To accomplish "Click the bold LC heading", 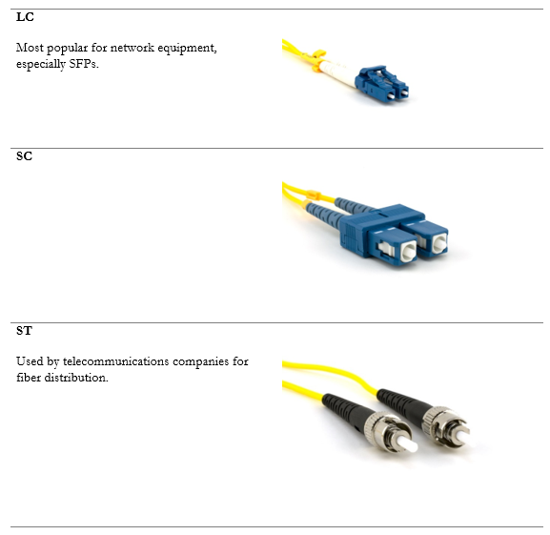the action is [25, 17].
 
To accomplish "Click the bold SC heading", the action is [24, 156].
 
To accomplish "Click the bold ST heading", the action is [24, 331].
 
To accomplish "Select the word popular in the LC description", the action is [67, 48].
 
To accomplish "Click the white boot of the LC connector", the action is [338, 72].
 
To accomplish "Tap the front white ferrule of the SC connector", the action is [408, 252].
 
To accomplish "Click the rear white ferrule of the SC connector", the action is [439, 243].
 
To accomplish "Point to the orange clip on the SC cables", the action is [314, 195].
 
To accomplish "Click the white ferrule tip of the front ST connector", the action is [408, 443].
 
